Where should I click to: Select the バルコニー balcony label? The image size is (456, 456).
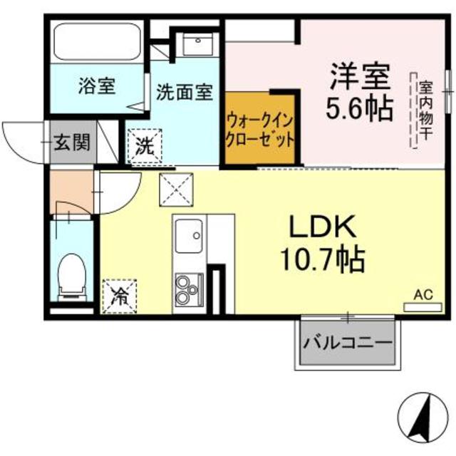(x=348, y=343)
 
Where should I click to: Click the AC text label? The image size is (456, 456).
(x=423, y=294)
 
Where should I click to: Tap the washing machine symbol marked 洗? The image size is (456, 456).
(x=145, y=147)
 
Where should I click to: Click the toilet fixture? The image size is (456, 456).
(x=71, y=275)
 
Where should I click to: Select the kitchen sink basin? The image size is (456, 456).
(x=189, y=234)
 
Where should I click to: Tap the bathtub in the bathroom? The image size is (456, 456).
(x=98, y=42)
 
